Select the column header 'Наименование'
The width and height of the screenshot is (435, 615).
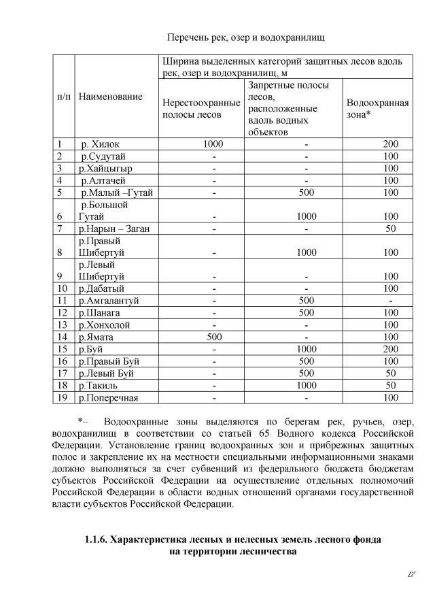coord(111,97)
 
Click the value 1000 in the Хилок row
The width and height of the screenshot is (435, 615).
coord(213,144)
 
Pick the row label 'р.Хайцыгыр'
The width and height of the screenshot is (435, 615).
coord(105,168)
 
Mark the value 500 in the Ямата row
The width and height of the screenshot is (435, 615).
coord(213,337)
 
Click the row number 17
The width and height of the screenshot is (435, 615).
coord(61,373)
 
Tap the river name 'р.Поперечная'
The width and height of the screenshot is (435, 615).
coord(109,397)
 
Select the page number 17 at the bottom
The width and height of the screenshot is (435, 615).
coord(411,576)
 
